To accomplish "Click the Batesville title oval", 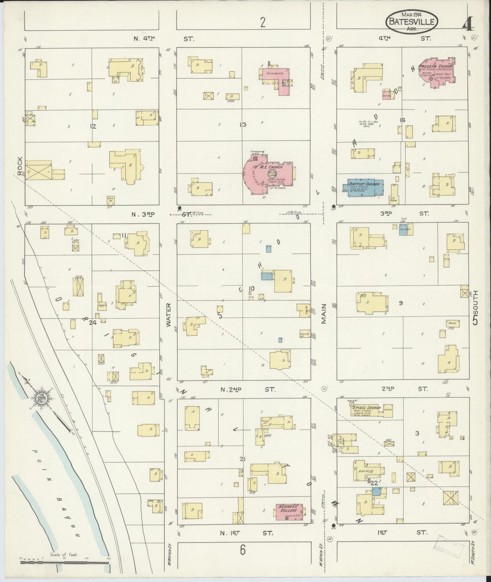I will click(x=412, y=21).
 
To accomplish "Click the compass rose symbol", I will click(x=40, y=398).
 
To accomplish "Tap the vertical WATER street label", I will click(x=169, y=315).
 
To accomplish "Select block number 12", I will click(x=93, y=126).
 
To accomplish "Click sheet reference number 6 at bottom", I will click(x=243, y=550).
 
